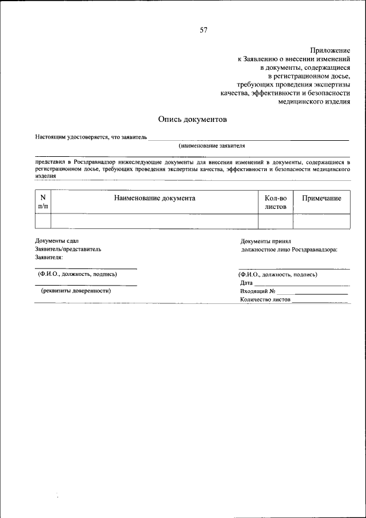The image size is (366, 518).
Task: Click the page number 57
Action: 203,30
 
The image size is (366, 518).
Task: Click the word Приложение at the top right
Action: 330,51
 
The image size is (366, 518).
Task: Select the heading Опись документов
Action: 192,120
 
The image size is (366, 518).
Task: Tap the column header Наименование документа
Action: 154,198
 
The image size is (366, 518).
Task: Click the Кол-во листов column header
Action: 276,202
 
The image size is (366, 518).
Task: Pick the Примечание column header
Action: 321,198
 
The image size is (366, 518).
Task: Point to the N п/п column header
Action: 43,202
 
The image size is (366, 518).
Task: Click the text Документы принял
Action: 266,241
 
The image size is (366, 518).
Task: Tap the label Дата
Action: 246,283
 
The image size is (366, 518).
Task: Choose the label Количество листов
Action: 265,299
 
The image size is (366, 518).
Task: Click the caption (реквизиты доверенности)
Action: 75,291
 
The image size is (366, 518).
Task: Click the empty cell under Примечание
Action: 321,222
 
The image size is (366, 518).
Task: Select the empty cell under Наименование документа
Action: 154,222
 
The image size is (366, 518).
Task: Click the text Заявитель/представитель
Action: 68,250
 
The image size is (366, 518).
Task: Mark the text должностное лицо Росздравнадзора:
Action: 289,250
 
